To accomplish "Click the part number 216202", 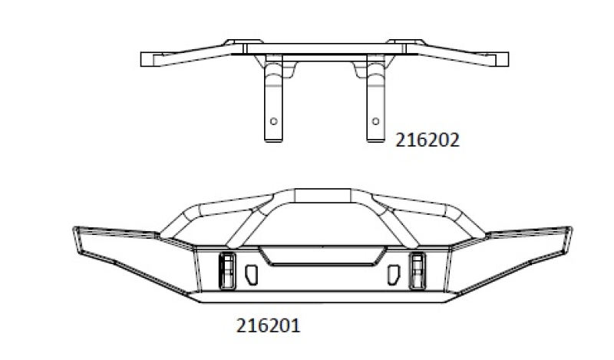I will coord(427,141).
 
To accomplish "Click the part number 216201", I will coord(268,325).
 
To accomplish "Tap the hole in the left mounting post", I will coord(274,121).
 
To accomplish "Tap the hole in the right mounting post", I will coord(375,121).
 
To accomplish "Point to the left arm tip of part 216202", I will coord(151,58).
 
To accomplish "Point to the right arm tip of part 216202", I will coord(500,58).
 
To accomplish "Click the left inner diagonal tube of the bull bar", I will coord(247,224).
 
